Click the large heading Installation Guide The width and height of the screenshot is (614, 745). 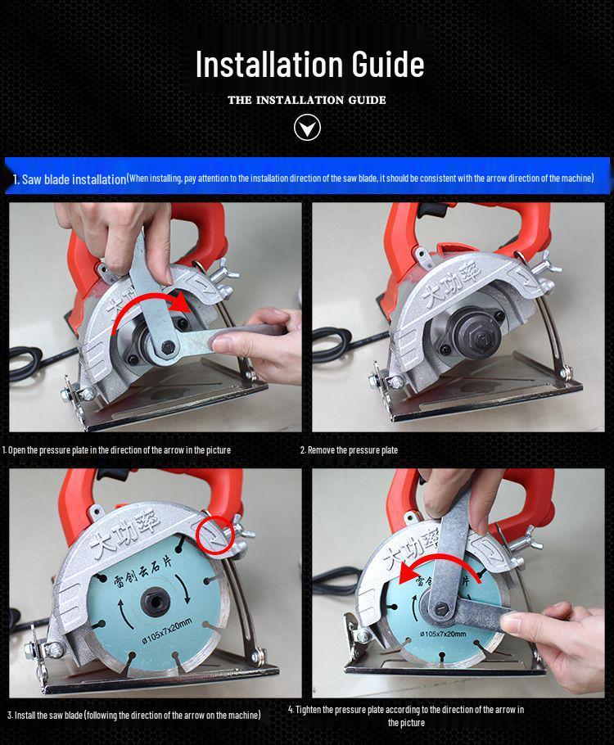point(309,65)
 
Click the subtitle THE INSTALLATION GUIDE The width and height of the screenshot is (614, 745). point(307,100)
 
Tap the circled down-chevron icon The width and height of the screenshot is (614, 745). point(307,128)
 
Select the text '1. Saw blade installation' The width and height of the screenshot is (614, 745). point(70,179)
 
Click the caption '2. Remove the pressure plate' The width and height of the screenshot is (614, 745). point(349,450)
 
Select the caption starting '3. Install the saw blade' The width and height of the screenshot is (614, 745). point(134,715)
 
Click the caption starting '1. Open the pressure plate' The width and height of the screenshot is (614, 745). point(116,450)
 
